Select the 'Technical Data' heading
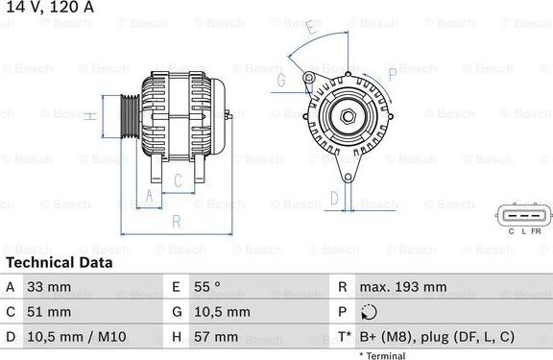59,262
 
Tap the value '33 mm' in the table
49,287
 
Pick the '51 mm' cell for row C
49,312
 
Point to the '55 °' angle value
209,287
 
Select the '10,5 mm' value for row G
222,312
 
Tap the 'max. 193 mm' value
402,287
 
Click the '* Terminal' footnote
382,355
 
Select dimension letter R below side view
177,221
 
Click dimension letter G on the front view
282,81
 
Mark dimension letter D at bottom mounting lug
334,199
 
